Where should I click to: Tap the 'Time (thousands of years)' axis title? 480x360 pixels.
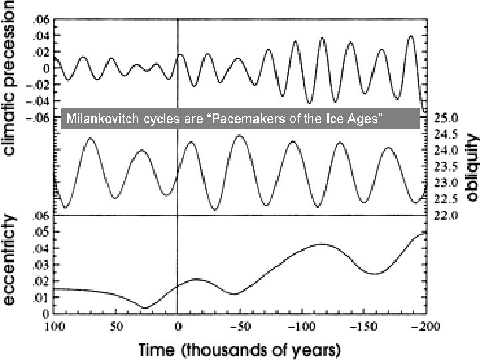tap(239, 348)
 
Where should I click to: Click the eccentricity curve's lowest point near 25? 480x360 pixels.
tap(146, 308)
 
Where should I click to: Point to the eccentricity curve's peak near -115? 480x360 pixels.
tap(321, 244)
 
